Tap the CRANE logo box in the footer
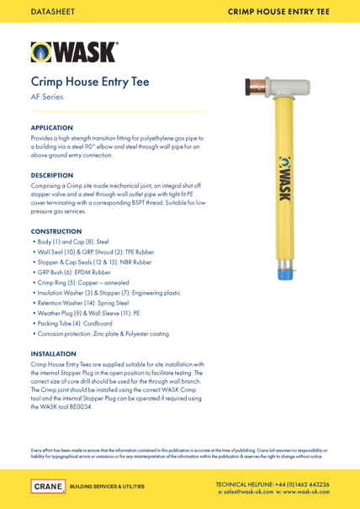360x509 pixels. click(x=47, y=486)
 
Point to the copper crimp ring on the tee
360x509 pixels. click(x=249, y=84)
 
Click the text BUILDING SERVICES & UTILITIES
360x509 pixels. click(x=106, y=486)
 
